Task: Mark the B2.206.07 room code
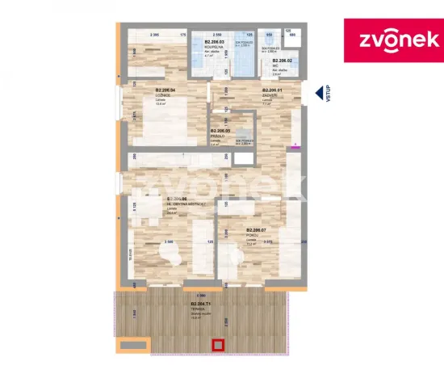coord(258,229)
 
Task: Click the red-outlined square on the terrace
coord(217,346)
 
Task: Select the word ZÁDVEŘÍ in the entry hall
coord(271,94)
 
